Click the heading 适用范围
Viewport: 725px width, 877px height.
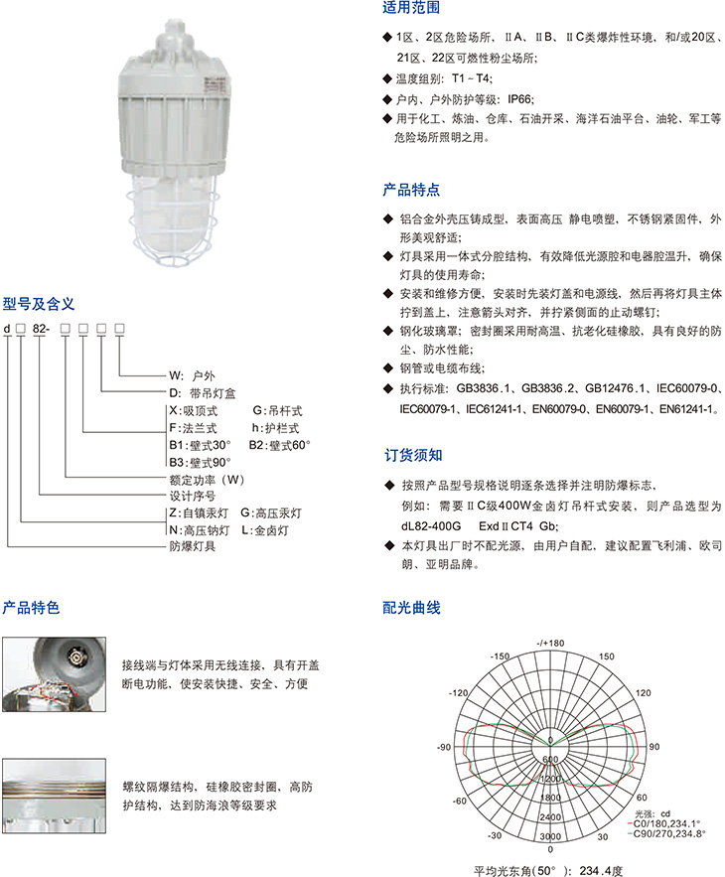(411, 7)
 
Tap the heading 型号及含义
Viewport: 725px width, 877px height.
(38, 304)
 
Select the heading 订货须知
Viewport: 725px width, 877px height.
(413, 455)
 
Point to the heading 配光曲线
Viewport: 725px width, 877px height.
(412, 608)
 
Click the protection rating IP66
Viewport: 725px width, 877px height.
(520, 99)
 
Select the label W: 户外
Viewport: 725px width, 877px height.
(192, 375)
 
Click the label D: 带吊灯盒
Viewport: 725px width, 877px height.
(202, 393)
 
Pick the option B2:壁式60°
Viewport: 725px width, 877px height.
(279, 445)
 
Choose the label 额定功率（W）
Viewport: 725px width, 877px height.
(207, 480)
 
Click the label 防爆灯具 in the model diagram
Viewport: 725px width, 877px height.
(193, 546)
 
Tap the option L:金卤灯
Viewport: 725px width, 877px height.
(265, 530)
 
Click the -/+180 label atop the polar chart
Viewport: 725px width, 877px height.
(550, 644)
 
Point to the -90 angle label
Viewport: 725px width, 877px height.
(444, 747)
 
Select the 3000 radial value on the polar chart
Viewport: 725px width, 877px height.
(550, 836)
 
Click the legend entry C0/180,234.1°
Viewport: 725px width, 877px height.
(666, 824)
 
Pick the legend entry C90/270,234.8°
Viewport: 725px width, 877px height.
(668, 833)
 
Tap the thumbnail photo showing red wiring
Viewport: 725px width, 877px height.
(54, 674)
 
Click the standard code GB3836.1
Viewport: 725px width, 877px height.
(484, 388)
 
